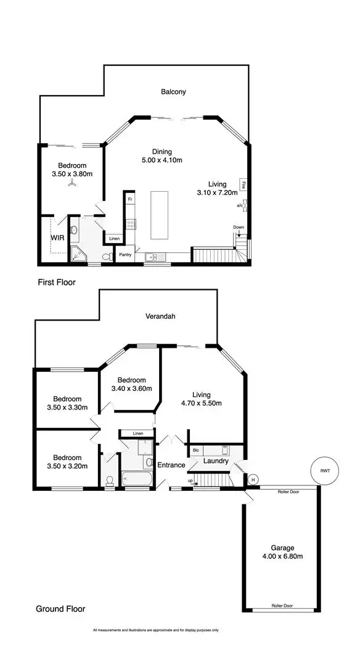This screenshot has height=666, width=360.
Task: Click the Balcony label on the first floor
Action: (x=173, y=92)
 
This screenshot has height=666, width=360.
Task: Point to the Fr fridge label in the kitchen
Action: (x=129, y=200)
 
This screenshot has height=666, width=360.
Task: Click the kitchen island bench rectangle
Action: (x=160, y=215)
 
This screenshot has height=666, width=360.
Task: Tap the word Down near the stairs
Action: (x=239, y=228)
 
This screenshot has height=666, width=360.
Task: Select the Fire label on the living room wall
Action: (x=245, y=184)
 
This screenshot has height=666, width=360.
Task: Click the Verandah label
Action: (x=160, y=316)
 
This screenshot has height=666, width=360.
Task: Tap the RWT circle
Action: (x=324, y=471)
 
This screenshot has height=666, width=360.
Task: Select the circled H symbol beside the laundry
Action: (x=252, y=479)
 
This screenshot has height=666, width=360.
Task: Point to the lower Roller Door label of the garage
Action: (x=282, y=606)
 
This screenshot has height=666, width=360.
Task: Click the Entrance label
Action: (x=171, y=464)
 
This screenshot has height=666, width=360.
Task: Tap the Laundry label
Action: (x=216, y=461)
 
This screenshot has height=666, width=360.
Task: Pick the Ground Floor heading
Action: (x=60, y=609)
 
